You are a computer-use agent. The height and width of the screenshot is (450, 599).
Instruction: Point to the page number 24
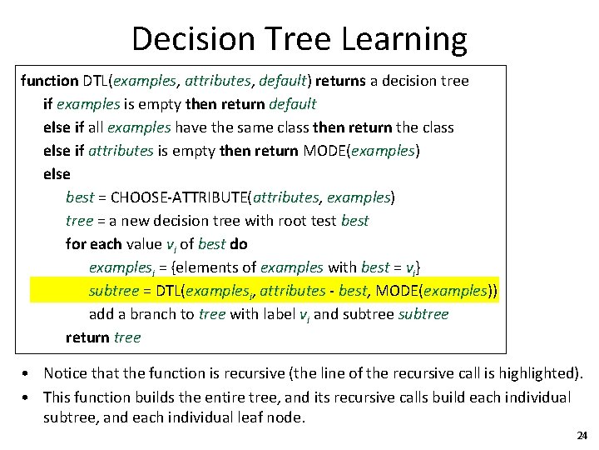click(582, 436)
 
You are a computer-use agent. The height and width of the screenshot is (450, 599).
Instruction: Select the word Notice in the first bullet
click(66, 372)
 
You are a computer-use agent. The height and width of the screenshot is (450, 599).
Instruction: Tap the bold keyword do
click(239, 244)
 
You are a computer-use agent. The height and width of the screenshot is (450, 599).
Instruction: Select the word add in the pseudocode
click(101, 314)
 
